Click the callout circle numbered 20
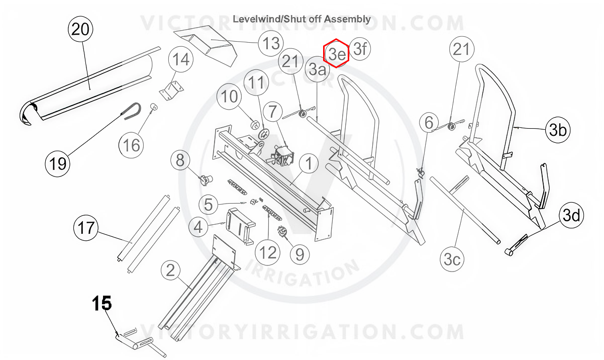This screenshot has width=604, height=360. [x=80, y=29]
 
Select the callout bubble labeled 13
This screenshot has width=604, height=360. [x=271, y=43]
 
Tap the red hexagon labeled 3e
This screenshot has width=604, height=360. [x=336, y=53]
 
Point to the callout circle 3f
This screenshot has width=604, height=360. [x=360, y=49]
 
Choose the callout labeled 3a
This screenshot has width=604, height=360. [x=317, y=69]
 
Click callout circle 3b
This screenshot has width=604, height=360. [x=558, y=130]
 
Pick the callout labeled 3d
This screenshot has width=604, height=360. [x=571, y=216]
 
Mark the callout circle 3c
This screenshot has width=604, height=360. [x=452, y=259]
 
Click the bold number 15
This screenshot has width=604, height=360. [x=102, y=303]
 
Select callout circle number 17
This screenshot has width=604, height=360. [x=86, y=227]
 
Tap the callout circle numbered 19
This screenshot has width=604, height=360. [x=57, y=164]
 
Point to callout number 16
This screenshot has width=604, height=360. [x=131, y=145]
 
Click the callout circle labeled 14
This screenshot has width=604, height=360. [x=181, y=59]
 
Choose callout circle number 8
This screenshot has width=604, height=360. [x=180, y=160]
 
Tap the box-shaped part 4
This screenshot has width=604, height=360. [x=240, y=226]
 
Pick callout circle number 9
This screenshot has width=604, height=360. [x=300, y=254]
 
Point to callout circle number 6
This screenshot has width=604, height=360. [x=429, y=123]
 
